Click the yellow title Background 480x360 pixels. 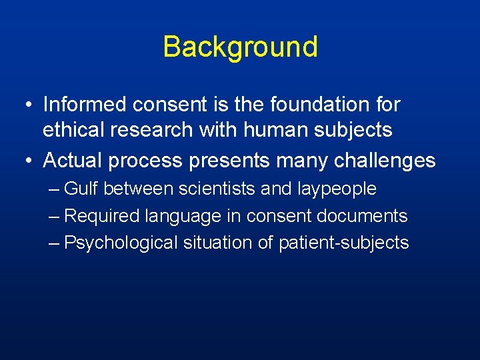[x=240, y=47]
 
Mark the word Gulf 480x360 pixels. [x=81, y=189]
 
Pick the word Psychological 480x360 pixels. [x=121, y=243]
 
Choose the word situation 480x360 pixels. [x=217, y=243]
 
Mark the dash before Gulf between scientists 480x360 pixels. [x=55, y=190]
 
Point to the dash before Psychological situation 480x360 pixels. [x=55, y=243]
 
